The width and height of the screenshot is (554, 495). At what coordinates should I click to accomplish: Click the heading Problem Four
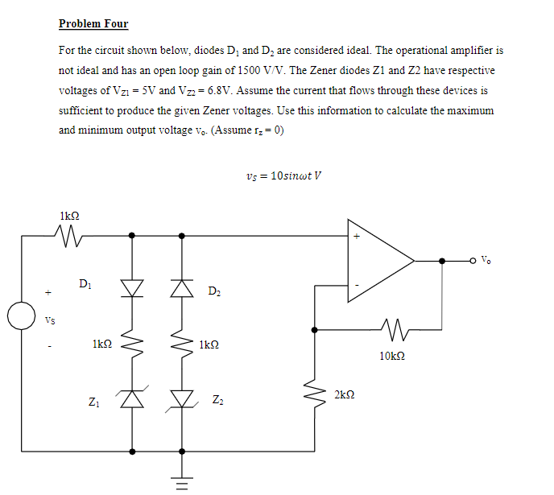(x=93, y=23)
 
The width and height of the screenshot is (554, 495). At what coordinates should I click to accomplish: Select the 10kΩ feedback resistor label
(x=391, y=354)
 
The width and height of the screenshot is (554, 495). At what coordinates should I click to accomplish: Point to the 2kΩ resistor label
(x=343, y=394)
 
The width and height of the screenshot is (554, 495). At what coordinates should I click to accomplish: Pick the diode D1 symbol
(x=132, y=287)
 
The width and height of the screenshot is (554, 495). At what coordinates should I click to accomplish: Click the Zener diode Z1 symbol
(x=132, y=396)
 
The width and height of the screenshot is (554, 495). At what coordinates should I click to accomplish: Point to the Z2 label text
(x=217, y=400)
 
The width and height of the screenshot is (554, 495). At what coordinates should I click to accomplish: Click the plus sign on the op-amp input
(x=357, y=237)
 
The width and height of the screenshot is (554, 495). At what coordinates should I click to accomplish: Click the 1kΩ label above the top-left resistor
(x=69, y=215)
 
